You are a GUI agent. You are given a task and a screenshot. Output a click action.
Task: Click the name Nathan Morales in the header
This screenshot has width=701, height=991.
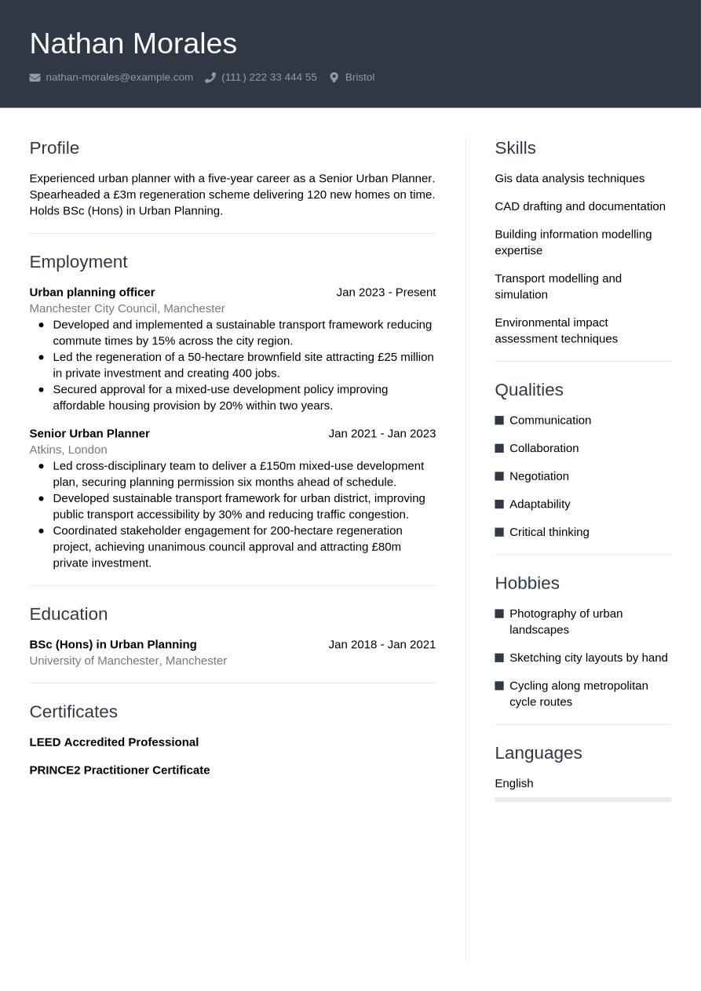tap(133, 44)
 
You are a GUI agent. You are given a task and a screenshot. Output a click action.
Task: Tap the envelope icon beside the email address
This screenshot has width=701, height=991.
tap(35, 78)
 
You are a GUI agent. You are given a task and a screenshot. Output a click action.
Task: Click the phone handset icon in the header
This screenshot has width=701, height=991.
tap(210, 78)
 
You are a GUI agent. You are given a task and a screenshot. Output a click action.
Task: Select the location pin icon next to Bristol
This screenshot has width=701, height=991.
tap(334, 78)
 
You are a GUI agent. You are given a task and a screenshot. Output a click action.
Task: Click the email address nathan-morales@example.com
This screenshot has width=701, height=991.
tap(119, 78)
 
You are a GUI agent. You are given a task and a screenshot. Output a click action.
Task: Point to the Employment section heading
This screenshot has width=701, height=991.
tap(78, 262)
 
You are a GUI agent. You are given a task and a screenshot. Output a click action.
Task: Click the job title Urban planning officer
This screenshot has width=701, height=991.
tap(92, 293)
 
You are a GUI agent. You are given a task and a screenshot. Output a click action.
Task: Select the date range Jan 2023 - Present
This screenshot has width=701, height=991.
tap(385, 293)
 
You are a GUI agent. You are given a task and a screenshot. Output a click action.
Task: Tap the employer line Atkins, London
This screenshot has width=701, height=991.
tap(68, 450)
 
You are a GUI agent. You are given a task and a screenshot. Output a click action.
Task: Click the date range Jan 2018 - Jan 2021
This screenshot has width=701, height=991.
tap(382, 645)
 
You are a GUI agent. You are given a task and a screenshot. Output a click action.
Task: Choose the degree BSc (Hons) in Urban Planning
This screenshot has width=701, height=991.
tap(113, 645)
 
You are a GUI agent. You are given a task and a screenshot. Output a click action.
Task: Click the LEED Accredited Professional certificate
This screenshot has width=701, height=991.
tap(114, 742)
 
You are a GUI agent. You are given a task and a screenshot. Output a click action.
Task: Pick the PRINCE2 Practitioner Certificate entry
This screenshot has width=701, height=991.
tap(119, 771)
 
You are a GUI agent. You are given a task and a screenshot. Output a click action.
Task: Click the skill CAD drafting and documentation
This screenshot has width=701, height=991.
tap(579, 206)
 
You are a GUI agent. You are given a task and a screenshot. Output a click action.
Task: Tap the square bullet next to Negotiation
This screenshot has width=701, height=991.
tap(499, 476)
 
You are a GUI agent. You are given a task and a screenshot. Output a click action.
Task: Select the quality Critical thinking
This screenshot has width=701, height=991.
tap(549, 532)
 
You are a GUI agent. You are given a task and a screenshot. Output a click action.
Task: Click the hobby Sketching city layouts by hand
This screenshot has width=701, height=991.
tap(588, 658)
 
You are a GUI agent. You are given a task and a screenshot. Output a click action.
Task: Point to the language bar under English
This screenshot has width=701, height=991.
tap(582, 800)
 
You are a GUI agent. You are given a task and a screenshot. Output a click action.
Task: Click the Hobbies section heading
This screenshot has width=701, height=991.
tap(527, 583)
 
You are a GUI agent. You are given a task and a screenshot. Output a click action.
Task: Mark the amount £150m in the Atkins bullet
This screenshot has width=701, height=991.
tap(278, 466)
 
